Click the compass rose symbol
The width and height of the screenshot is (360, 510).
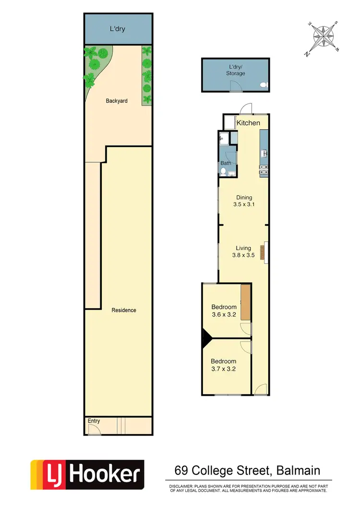[x=323, y=37]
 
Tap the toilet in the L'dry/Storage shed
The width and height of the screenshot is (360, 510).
[x=263, y=85]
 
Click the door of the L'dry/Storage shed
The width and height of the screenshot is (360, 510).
[x=235, y=86]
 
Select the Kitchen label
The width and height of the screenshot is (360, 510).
[x=248, y=123]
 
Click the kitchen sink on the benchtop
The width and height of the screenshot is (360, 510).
[x=264, y=154]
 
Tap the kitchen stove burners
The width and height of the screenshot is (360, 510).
[x=264, y=169]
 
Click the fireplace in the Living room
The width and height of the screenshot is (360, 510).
[x=263, y=252]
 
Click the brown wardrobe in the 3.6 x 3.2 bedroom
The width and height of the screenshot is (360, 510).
[x=246, y=302]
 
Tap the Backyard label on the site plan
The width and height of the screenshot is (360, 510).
[x=117, y=101]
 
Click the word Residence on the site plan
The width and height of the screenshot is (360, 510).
[x=124, y=310]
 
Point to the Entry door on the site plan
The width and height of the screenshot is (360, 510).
[x=94, y=430]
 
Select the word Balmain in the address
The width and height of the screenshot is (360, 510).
[x=298, y=470]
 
